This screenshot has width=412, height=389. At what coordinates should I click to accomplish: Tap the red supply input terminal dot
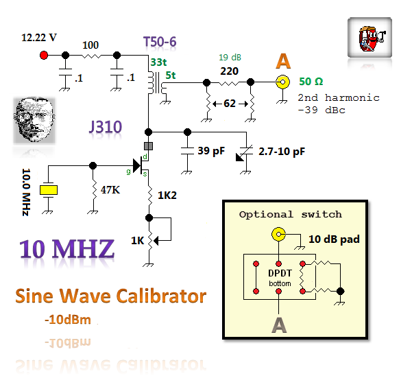pos(44,55)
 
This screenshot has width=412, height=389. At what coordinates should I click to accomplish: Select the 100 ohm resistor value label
pos(90,45)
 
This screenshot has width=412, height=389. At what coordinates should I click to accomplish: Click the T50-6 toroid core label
pos(160,43)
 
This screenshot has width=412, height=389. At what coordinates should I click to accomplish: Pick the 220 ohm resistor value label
pos(229,71)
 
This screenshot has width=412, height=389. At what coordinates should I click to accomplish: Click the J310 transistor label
pos(106,126)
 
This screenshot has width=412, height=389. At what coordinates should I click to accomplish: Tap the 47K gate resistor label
pos(110,189)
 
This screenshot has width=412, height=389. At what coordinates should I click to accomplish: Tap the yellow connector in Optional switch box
pos(279,235)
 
